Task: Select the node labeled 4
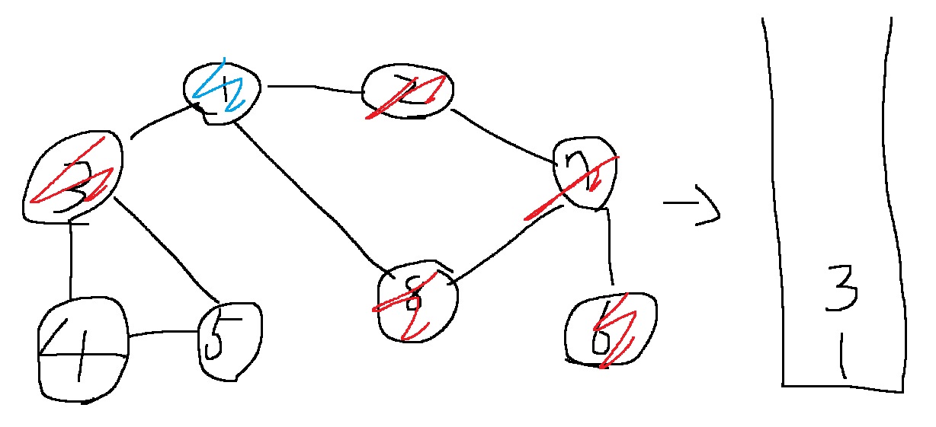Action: coord(82,349)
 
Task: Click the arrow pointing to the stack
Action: coord(691,210)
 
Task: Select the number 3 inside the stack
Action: coord(843,288)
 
